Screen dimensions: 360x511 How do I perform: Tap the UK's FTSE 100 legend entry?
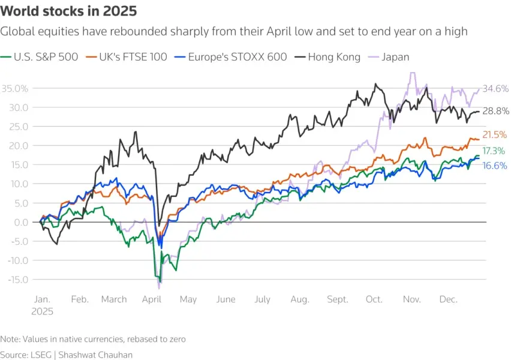point(128,57)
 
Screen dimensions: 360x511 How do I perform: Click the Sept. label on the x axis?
point(339,299)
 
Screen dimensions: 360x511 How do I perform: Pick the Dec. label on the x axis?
point(448,299)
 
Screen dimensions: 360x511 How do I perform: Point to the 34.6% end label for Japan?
point(495,89)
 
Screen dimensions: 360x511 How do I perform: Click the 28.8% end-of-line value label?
point(495,112)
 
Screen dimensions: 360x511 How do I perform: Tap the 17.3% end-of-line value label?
point(494,151)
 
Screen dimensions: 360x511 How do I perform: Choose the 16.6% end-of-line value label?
point(495,166)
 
